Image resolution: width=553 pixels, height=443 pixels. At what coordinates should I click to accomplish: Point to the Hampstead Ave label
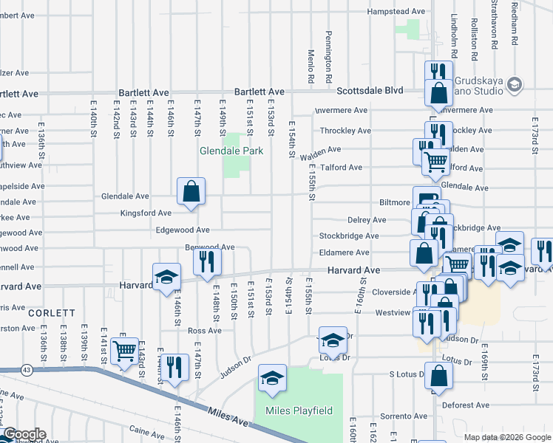tap(397, 12)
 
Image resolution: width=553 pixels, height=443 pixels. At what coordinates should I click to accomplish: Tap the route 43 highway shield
tap(27, 368)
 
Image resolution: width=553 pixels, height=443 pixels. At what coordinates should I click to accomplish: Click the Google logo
tap(24, 435)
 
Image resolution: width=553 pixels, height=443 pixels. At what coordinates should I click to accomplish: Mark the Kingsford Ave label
tap(146, 213)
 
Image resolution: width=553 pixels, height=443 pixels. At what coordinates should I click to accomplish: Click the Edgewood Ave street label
tap(182, 230)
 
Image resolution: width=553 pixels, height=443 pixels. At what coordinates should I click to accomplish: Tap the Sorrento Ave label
tap(410, 417)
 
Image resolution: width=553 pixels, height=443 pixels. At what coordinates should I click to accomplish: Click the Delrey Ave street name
tap(367, 220)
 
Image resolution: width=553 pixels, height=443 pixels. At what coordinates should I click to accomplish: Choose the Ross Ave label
tap(205, 331)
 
